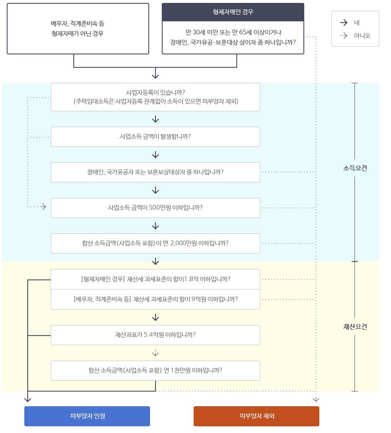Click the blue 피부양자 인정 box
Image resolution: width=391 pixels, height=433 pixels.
(x=87, y=416)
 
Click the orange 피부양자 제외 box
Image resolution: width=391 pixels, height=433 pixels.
(x=256, y=416)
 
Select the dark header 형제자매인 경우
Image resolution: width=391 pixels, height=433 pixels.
(x=233, y=12)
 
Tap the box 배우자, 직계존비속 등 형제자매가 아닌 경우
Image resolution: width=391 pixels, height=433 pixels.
(x=78, y=28)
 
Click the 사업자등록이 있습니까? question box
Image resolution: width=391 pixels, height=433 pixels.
(x=155, y=97)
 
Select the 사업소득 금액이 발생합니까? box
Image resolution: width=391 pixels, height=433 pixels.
(x=155, y=136)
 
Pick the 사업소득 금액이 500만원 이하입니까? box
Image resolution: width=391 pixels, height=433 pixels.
(x=155, y=208)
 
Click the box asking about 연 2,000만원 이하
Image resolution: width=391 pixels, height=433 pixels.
(x=155, y=243)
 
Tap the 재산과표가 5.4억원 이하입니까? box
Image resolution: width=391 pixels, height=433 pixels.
(x=155, y=335)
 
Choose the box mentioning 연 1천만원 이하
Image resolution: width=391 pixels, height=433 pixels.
(x=155, y=370)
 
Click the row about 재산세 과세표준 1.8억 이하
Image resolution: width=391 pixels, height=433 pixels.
(x=155, y=279)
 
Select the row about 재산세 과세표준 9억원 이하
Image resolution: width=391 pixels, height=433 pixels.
(x=155, y=299)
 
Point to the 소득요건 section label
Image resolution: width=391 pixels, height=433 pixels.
(x=355, y=168)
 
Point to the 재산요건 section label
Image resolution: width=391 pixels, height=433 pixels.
(x=355, y=327)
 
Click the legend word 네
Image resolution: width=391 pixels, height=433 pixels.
(x=357, y=23)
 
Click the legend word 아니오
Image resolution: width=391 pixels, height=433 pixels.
(x=362, y=36)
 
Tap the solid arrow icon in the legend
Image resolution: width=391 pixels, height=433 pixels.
(x=344, y=23)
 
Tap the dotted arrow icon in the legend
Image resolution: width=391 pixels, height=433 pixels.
(x=344, y=36)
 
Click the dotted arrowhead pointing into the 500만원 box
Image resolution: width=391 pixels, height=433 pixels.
(x=43, y=207)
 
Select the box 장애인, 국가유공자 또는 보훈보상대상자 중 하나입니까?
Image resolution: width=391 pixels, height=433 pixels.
(x=155, y=172)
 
